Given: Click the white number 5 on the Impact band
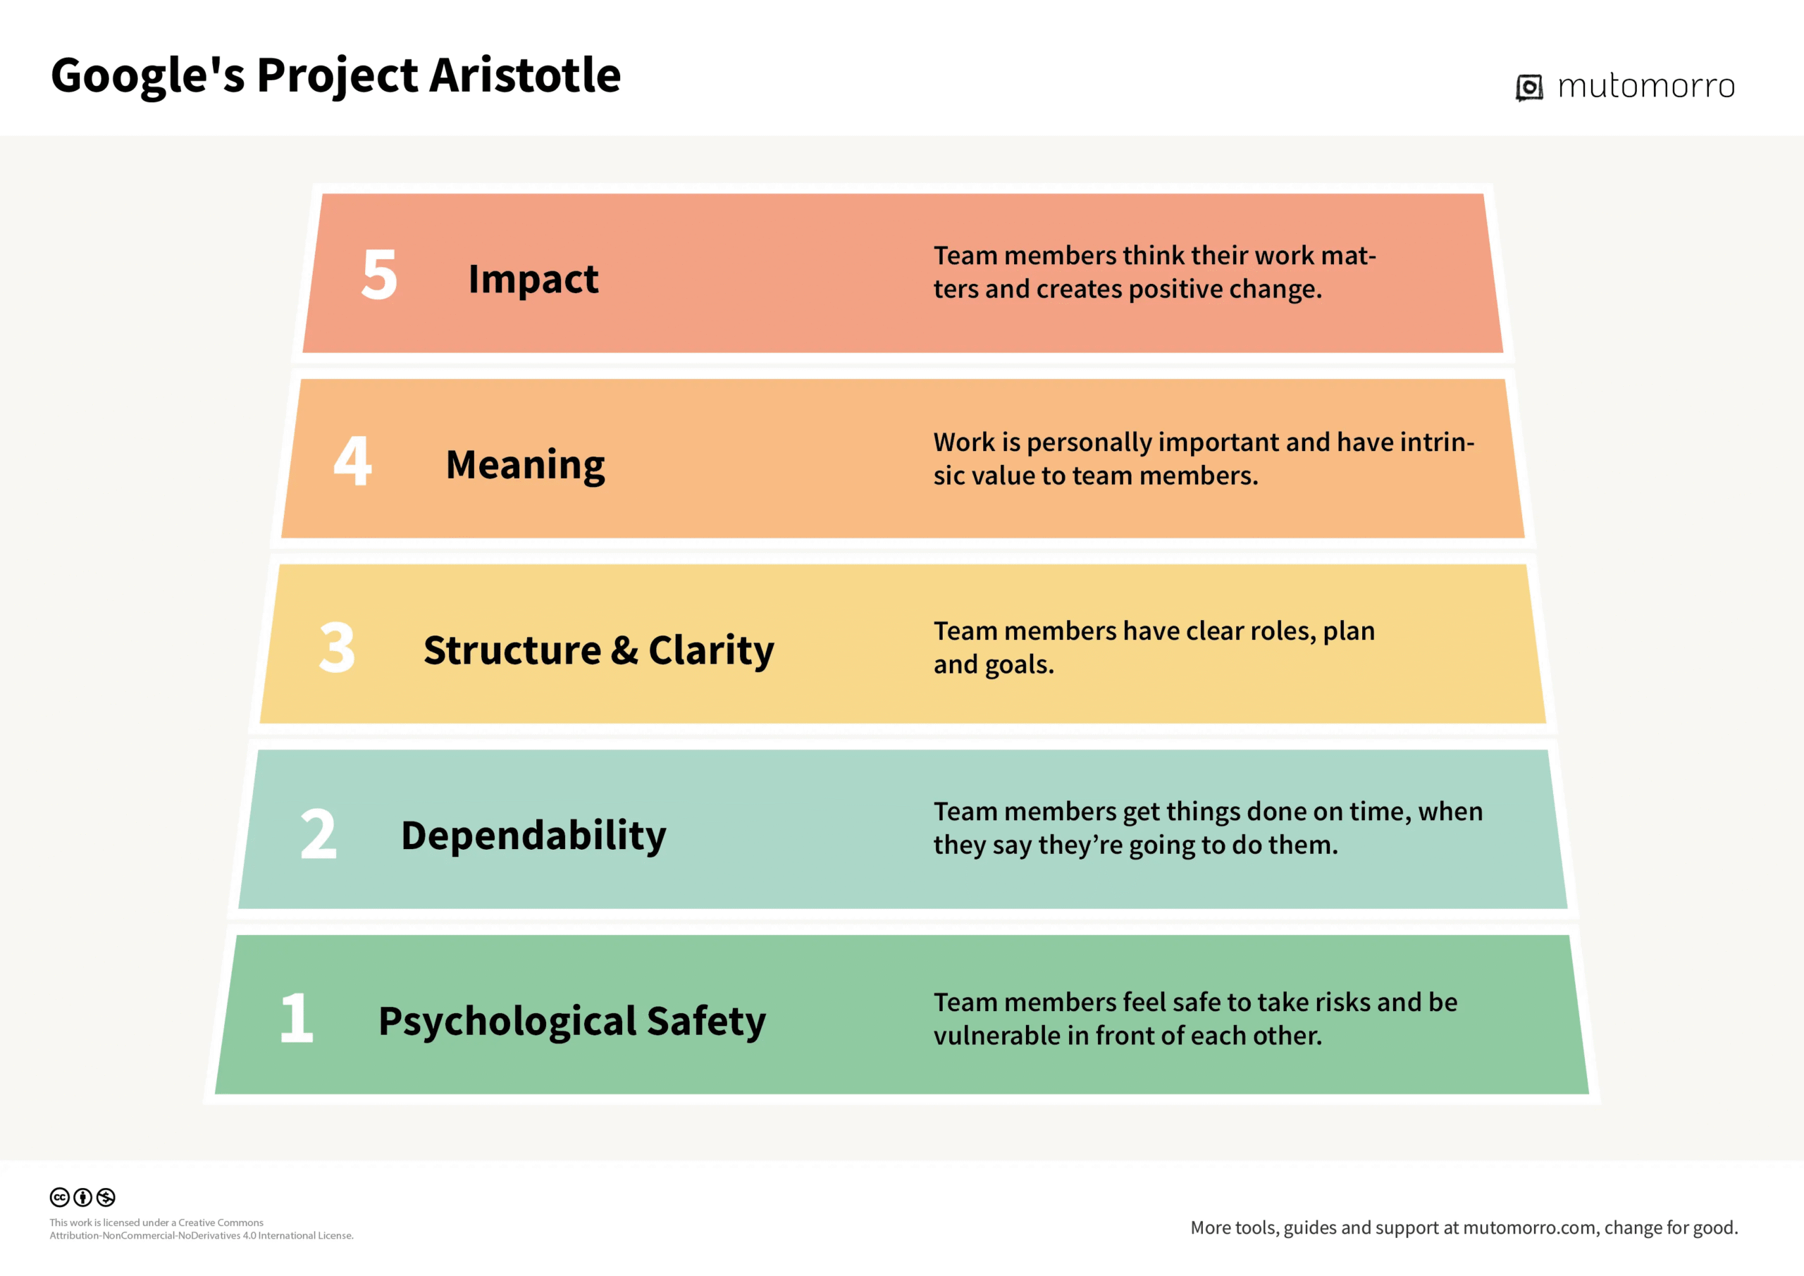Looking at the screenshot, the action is click(x=380, y=274).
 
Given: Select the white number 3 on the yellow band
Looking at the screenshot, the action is click(x=337, y=647).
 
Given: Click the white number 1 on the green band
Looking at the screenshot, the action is click(x=297, y=1017).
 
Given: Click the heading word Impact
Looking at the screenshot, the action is click(x=533, y=279).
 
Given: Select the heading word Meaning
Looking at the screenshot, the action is click(x=526, y=465).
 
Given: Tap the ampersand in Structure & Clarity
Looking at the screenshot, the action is click(x=624, y=650).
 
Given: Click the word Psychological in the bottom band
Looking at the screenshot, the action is click(x=507, y=1022).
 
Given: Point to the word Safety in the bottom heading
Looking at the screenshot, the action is click(x=706, y=1022).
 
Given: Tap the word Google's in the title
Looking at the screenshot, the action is click(x=148, y=76).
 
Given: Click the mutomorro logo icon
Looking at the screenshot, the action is click(x=1529, y=87).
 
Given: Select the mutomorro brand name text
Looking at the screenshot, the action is click(x=1646, y=86).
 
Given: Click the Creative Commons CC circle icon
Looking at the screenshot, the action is click(x=60, y=1196).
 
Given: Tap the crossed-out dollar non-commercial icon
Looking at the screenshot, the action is click(x=106, y=1196).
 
